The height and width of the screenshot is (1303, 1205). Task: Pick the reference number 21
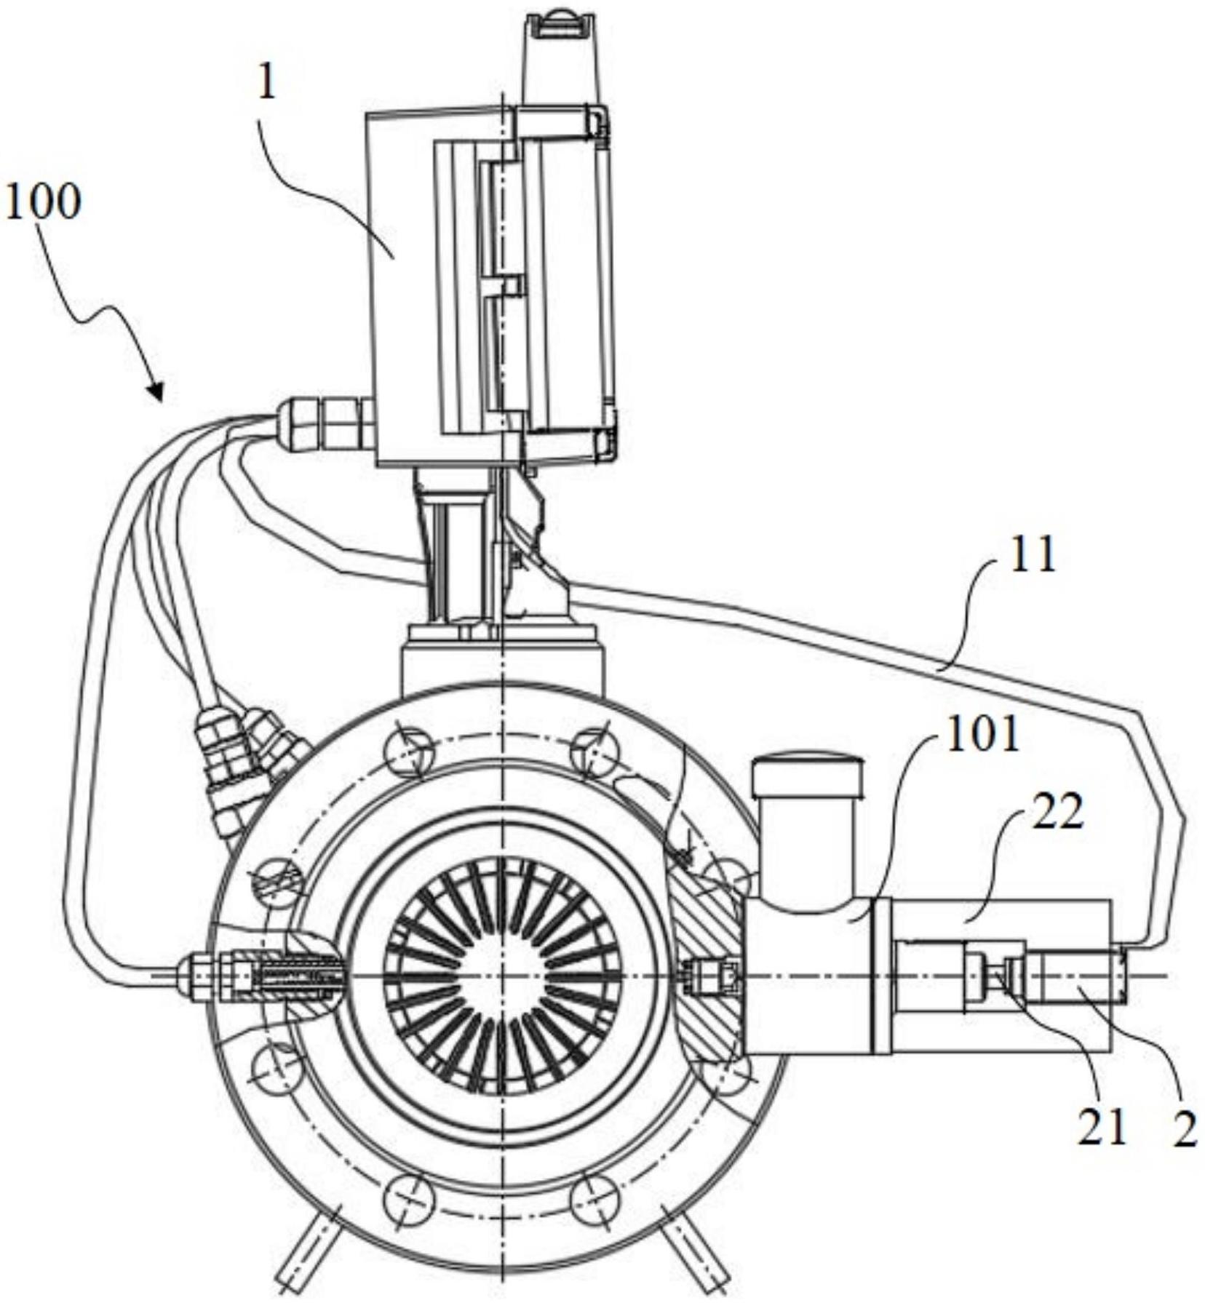1101,1127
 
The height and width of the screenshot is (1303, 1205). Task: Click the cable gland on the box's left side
325,421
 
